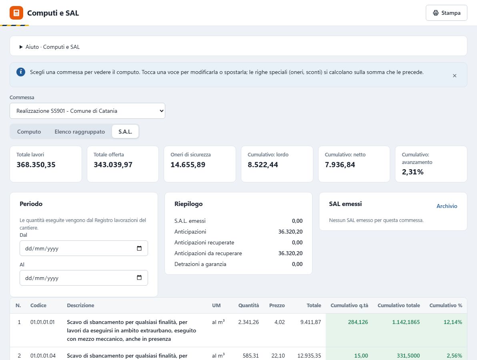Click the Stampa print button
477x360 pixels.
pyautogui.click(x=446, y=13)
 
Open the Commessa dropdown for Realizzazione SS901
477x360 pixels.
pyautogui.click(x=87, y=111)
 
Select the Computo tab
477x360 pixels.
pyautogui.click(x=29, y=132)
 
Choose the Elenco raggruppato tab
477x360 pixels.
pyautogui.click(x=80, y=132)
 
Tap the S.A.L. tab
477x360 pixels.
pyautogui.click(x=125, y=132)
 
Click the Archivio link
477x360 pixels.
pyautogui.click(x=447, y=206)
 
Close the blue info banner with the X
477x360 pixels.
pyautogui.click(x=455, y=76)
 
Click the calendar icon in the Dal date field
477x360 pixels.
pyautogui.click(x=139, y=248)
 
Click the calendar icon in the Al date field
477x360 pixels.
pyautogui.click(x=139, y=278)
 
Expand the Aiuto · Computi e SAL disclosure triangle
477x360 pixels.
pyautogui.click(x=21, y=47)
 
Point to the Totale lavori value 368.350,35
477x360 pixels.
pyautogui.click(x=36, y=164)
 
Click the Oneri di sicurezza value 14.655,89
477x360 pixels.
pyautogui.click(x=188, y=164)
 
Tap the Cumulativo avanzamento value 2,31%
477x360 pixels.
pyautogui.click(x=413, y=172)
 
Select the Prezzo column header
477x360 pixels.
pyautogui.click(x=277, y=305)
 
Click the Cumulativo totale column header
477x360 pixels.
pyautogui.click(x=399, y=305)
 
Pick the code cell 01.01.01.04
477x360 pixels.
pyautogui.click(x=43, y=356)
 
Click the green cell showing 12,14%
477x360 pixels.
pyautogui.click(x=453, y=322)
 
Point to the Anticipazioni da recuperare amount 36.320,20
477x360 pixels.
pyautogui.click(x=290, y=253)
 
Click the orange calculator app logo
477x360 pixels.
pyautogui.click(x=16, y=13)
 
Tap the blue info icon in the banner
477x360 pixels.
pyautogui.click(x=21, y=72)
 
